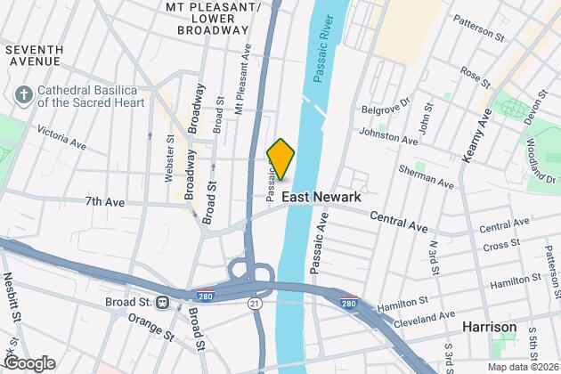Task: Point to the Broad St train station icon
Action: coord(163,301)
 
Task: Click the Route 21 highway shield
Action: coord(255,305)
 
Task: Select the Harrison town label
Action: coord(489,328)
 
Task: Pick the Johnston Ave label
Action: coord(388,137)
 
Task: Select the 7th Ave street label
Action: coord(106,202)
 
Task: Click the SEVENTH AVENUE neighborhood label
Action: coord(34,54)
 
